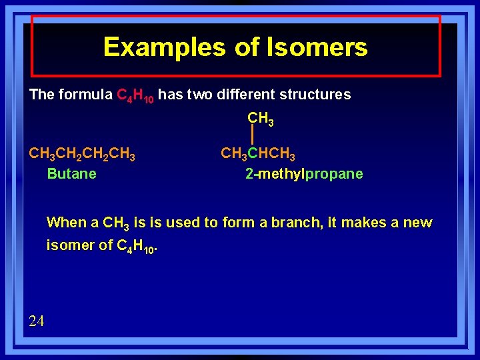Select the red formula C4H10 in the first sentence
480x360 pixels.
point(135,95)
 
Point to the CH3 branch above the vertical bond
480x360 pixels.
point(260,119)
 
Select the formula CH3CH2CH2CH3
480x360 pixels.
point(82,155)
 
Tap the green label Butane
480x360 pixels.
point(71,174)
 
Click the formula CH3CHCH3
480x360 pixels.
point(258,155)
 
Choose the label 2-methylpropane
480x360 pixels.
point(304,174)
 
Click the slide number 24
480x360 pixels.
point(37,321)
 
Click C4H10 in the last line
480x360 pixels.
point(137,246)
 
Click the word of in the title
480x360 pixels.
point(248,47)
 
